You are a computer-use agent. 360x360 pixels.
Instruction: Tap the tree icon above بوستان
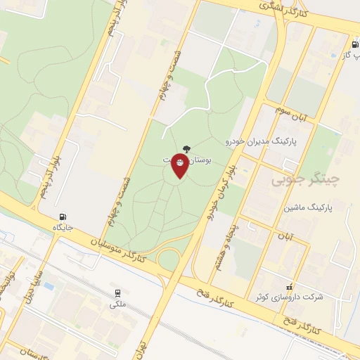[186, 148]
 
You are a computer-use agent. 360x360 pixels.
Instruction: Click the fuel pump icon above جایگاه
[65, 216]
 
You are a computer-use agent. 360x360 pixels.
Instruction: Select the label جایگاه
[63, 227]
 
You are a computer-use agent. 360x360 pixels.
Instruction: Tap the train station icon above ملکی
[117, 294]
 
